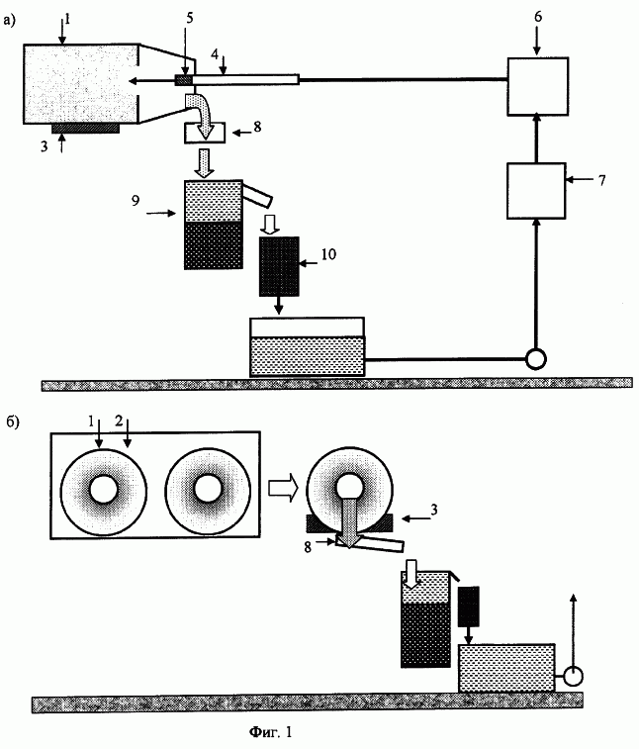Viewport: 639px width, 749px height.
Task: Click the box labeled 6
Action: point(537,86)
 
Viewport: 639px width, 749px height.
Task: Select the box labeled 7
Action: point(536,191)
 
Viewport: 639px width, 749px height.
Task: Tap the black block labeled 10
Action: point(279,266)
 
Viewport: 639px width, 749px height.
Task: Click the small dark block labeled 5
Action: point(183,80)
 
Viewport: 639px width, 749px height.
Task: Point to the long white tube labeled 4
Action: point(245,79)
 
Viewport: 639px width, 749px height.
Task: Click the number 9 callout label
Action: point(136,200)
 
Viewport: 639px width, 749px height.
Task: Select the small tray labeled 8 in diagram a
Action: point(205,133)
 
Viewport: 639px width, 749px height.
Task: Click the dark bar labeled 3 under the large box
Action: point(85,128)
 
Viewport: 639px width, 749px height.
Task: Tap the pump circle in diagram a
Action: point(536,359)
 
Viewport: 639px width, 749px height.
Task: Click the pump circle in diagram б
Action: point(573,677)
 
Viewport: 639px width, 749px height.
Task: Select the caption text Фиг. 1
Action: point(270,731)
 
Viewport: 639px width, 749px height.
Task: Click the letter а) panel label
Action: point(10,21)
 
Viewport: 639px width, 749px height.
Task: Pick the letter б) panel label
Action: point(13,422)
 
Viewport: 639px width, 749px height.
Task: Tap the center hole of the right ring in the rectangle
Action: point(209,488)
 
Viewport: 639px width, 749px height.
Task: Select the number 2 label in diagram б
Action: point(119,421)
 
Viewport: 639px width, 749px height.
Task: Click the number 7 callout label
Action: point(601,180)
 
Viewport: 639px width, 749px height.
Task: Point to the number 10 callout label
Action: point(328,254)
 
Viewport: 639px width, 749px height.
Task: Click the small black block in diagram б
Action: point(469,607)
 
